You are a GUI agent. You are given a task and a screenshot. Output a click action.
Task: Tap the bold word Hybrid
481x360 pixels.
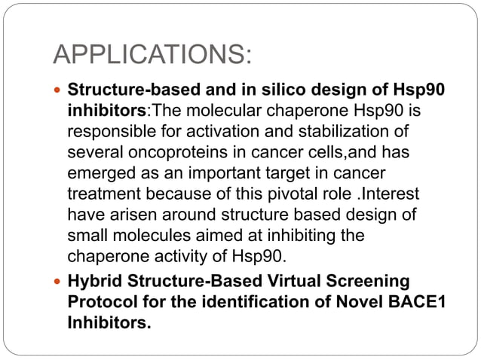point(94,281)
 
